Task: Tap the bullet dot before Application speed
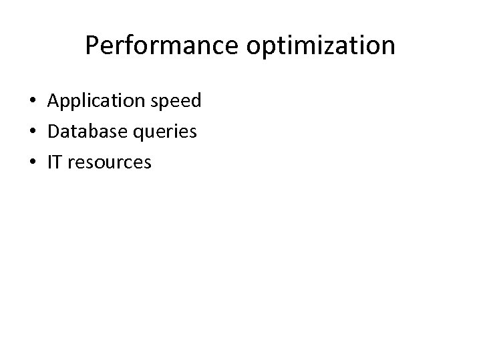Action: click(32, 102)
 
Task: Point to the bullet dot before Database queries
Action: click(32, 132)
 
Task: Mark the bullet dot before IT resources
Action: click(32, 162)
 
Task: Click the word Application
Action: click(90, 102)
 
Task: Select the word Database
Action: click(86, 132)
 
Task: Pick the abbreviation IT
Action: click(55, 162)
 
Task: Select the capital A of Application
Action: click(53, 101)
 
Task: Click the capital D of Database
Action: click(53, 132)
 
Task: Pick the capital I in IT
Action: click(50, 162)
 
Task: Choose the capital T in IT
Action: click(59, 162)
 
